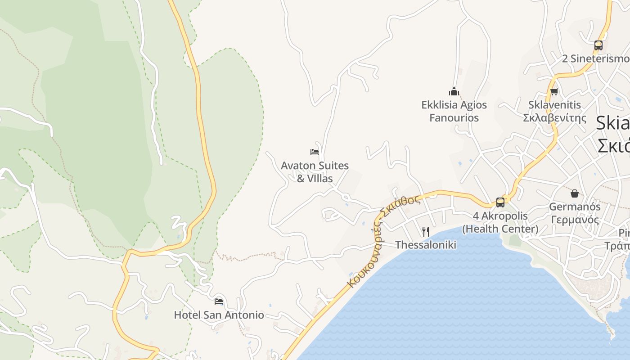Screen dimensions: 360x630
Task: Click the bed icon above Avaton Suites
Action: point(315,152)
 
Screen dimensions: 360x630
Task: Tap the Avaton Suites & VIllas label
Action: point(315,172)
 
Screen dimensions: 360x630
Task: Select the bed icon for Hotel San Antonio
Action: point(219,301)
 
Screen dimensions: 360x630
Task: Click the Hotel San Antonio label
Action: point(219,315)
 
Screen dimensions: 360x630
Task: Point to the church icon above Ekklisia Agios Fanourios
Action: point(454,92)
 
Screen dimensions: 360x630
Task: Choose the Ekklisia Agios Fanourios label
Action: point(454,111)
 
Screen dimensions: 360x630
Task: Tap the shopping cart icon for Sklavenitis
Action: point(554,91)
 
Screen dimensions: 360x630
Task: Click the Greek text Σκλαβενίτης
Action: point(555,118)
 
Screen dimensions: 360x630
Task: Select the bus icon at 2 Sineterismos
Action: point(598,45)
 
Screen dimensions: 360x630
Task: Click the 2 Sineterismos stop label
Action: point(596,59)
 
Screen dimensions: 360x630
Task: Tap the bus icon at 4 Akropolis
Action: point(500,202)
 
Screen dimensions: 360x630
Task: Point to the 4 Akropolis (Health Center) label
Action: point(500,222)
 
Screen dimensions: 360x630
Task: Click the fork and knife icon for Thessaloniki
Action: point(425,232)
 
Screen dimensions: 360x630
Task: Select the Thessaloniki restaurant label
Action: point(426,245)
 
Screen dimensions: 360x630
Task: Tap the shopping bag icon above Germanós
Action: point(574,193)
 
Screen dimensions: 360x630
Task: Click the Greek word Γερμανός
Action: point(575,220)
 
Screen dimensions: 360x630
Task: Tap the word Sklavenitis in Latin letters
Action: point(555,105)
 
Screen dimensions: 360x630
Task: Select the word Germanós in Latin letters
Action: point(575,207)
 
